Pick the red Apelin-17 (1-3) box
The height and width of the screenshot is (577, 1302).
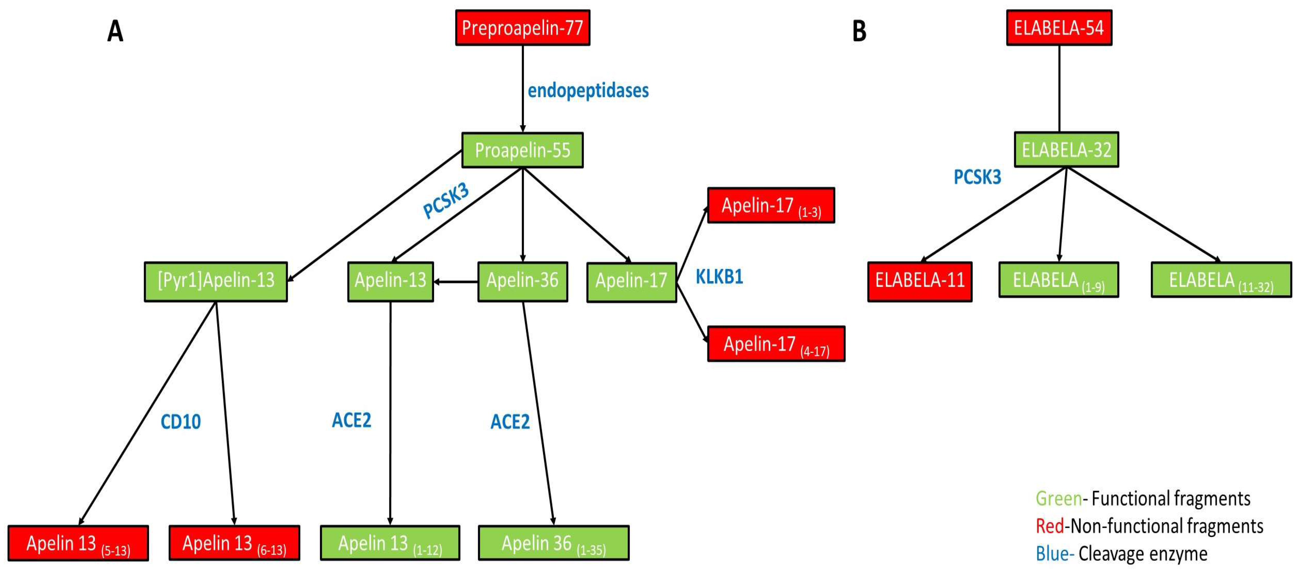click(770, 205)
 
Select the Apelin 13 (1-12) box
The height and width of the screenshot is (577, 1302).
click(390, 543)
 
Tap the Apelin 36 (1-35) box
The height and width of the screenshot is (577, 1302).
click(554, 543)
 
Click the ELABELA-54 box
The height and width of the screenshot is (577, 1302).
click(1059, 28)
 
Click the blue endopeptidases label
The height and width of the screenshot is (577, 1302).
click(588, 91)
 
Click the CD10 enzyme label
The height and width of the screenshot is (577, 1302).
click(180, 422)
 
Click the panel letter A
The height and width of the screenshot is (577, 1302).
click(115, 31)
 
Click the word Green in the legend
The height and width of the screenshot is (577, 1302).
click(1059, 499)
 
